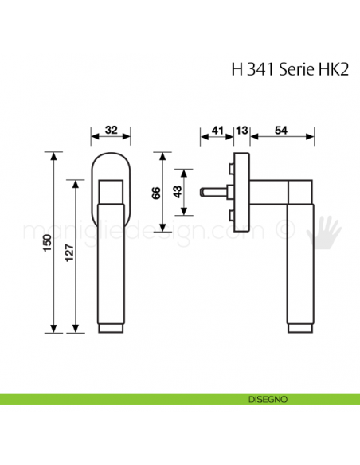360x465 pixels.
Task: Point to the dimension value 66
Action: pos(155,192)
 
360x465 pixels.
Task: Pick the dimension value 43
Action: pos(177,192)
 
